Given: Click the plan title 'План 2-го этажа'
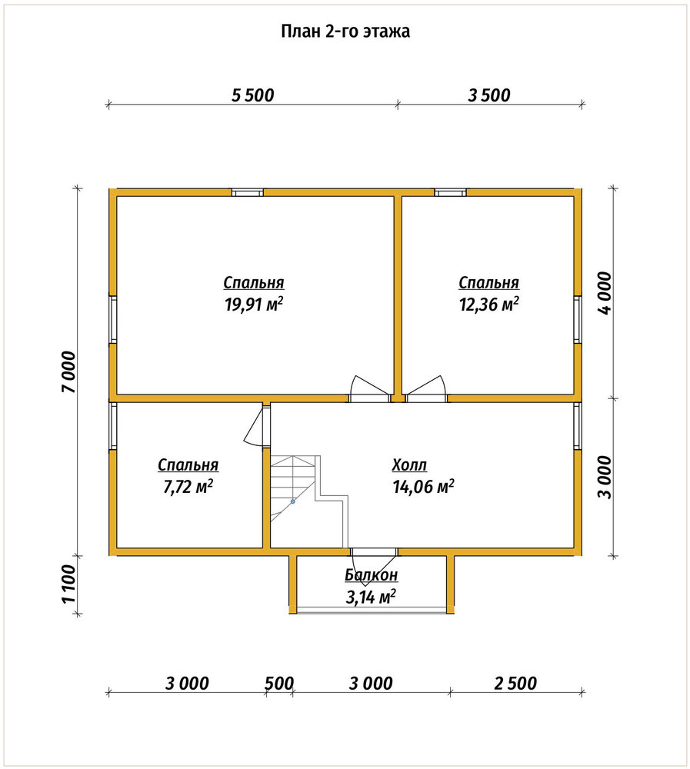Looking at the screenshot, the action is point(345,31).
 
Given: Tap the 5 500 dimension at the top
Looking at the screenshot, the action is point(253,95).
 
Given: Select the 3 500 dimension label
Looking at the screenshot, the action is point(488,95).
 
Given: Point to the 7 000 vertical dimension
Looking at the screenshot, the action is point(68,371).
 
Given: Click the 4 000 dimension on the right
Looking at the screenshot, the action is point(605,293).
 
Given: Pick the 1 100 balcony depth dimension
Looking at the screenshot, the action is point(68,584).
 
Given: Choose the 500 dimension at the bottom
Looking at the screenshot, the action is point(279,683).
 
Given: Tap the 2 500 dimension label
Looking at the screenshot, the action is point(515,683).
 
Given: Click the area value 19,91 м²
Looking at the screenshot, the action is point(254,305).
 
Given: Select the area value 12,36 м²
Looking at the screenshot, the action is point(488,305).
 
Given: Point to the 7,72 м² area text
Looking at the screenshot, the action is point(188,487).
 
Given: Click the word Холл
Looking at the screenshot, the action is point(409,464).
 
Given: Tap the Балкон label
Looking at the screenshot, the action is point(371,574).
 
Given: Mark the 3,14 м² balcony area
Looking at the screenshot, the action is point(371,598).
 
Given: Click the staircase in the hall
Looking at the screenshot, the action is point(309,501).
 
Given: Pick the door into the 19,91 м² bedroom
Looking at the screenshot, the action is point(371,389).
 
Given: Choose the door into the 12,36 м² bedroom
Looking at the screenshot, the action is point(426,389).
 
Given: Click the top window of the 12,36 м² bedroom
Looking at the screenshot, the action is point(451,192).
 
